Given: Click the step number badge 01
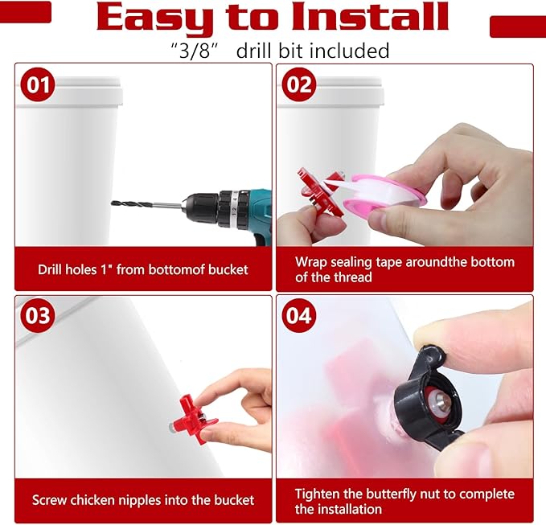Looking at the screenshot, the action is (x=38, y=84).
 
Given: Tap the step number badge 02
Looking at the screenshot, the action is (x=299, y=84).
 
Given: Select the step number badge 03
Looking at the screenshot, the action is (x=38, y=315).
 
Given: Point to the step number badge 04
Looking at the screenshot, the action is (x=299, y=315).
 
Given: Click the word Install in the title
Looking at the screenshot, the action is (x=370, y=16).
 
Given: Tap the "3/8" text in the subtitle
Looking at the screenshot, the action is (x=195, y=51).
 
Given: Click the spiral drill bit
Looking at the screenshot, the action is (x=146, y=205).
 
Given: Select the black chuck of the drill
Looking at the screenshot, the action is (x=208, y=208).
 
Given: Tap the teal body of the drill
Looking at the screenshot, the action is (x=257, y=212).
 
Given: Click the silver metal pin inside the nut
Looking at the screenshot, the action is (x=439, y=398).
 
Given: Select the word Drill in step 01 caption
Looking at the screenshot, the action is (x=49, y=269).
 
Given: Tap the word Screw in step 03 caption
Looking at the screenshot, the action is (x=48, y=500).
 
